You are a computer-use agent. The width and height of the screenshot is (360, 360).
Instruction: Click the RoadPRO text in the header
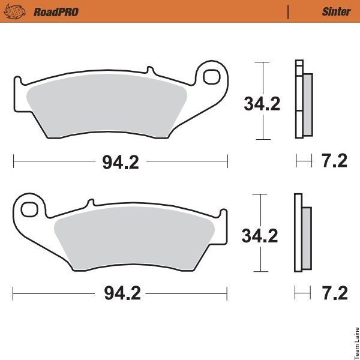click(x=56, y=12)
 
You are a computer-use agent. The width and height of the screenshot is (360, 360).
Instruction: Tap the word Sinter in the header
click(x=337, y=11)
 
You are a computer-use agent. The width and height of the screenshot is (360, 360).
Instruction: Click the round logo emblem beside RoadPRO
click(x=14, y=11)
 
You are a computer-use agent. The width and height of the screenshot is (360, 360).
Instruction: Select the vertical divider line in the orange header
click(x=288, y=12)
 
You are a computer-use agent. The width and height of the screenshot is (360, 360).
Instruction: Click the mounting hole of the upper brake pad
click(x=212, y=77)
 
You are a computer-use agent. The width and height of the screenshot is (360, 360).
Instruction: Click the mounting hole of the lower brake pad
click(x=29, y=209)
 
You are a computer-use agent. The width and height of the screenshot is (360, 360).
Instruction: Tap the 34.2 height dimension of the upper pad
click(x=262, y=104)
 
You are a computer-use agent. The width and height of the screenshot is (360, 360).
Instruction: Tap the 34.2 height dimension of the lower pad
click(x=260, y=236)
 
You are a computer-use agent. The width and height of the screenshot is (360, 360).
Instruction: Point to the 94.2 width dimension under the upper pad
click(x=121, y=163)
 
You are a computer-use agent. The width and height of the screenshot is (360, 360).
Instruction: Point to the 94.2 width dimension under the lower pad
click(x=122, y=293)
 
